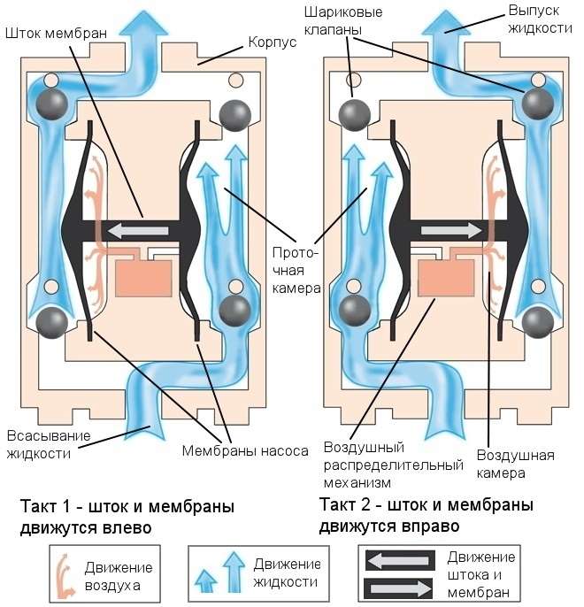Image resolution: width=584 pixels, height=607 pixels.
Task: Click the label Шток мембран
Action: click(x=56, y=34)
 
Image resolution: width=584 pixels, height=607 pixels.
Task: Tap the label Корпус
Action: click(x=272, y=42)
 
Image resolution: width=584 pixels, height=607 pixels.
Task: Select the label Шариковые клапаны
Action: click(x=343, y=20)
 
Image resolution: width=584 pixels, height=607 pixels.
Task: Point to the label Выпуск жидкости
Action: click(x=540, y=19)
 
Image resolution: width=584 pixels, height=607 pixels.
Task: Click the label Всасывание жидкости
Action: click(x=49, y=444)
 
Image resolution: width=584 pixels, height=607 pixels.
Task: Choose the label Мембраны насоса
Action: click(x=245, y=451)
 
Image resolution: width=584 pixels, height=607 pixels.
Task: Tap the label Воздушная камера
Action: click(x=515, y=464)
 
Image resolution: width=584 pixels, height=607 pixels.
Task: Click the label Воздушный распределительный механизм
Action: click(x=393, y=465)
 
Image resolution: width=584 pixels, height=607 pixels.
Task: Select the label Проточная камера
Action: click(x=296, y=271)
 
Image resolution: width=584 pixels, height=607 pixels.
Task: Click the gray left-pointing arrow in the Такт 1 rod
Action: click(x=138, y=231)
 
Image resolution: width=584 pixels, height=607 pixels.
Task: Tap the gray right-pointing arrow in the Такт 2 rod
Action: click(x=451, y=230)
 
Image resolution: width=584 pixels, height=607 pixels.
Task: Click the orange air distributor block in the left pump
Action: click(x=143, y=279)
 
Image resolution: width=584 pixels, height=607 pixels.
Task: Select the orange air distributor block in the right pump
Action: click(x=446, y=278)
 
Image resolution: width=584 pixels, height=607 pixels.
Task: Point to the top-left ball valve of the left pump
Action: click(x=52, y=104)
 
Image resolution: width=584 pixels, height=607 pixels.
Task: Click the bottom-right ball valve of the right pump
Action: click(x=538, y=322)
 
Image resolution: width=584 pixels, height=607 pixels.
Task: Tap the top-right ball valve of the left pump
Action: click(x=234, y=115)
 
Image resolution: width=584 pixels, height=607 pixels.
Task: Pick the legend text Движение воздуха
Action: click(x=119, y=576)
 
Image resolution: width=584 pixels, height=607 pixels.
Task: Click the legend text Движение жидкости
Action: click(x=287, y=573)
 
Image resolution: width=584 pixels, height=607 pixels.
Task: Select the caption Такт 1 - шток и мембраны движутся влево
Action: click(x=127, y=517)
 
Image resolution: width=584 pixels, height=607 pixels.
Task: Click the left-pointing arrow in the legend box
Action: click(x=399, y=560)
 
